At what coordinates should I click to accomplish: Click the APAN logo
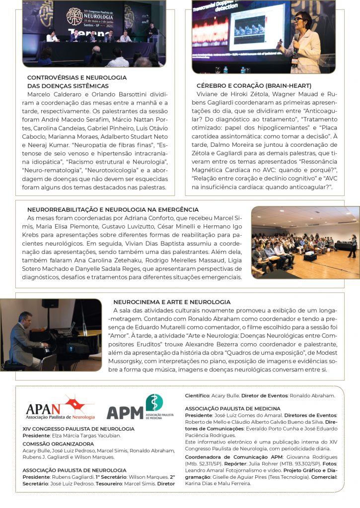[60, 408]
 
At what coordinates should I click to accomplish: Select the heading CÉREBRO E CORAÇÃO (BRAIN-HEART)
[254, 86]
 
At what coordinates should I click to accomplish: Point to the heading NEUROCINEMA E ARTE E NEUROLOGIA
[172, 302]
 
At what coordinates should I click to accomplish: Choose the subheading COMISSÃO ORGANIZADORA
[58, 444]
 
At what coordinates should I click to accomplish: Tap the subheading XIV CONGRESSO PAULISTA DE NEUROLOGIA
[78, 428]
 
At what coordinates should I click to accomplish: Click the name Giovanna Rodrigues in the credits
[312, 457]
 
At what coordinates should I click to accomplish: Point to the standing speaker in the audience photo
[352, 245]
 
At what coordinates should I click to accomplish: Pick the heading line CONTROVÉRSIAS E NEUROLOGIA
[77, 78]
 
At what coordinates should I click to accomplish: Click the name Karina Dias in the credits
[200, 483]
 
